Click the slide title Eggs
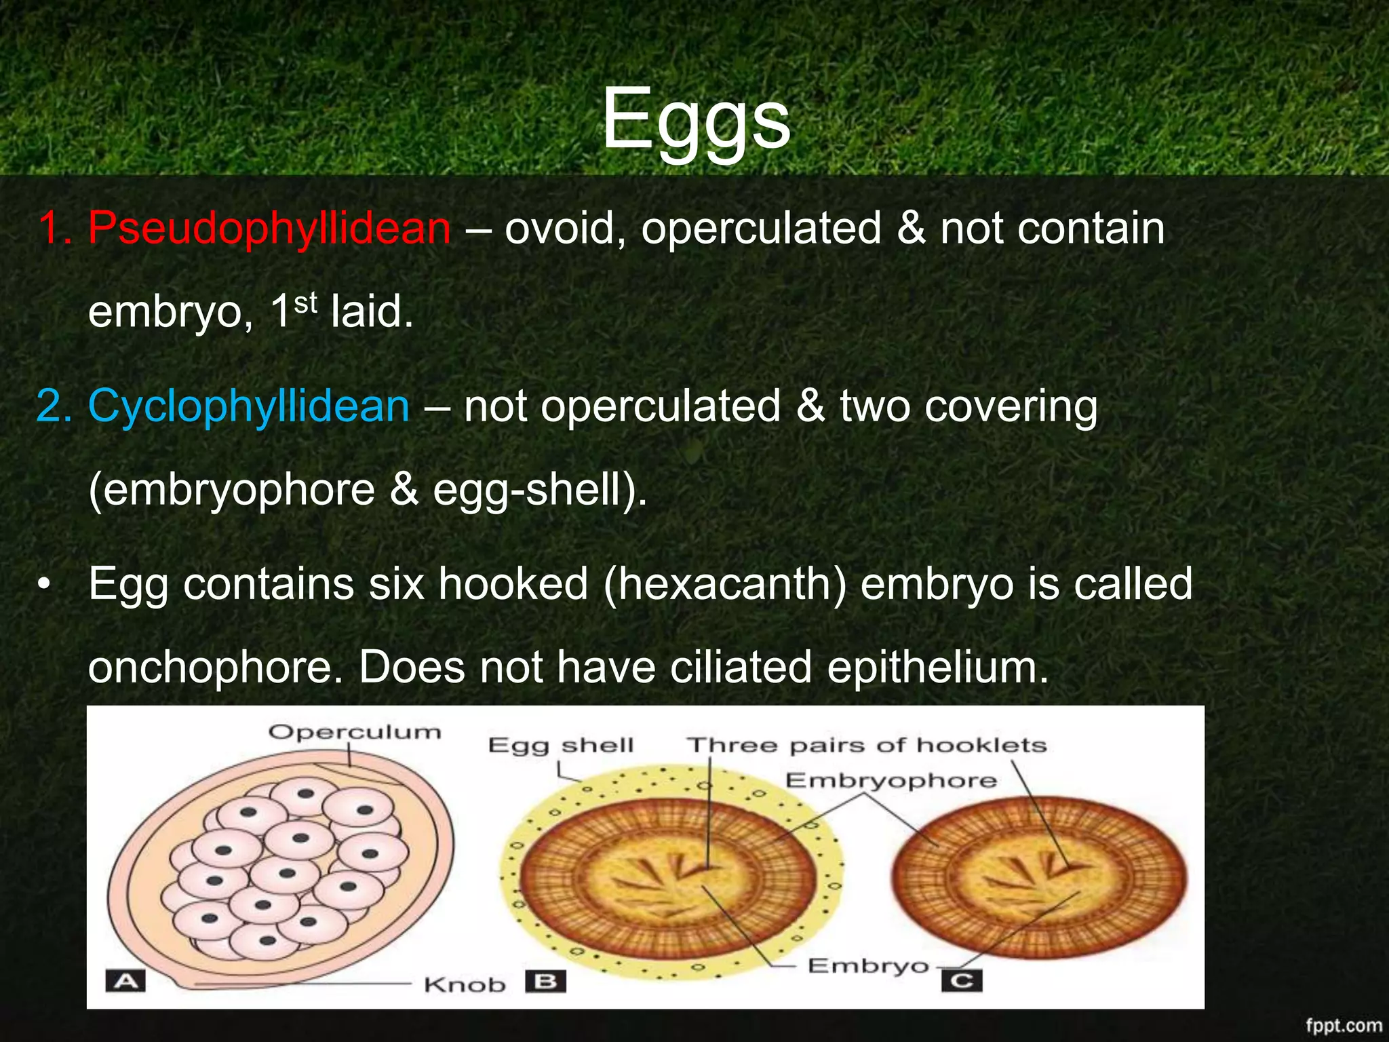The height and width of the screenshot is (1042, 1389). point(696,120)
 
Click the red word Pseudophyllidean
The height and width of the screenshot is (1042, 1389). point(269,228)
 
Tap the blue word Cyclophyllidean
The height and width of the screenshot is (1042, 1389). point(248,406)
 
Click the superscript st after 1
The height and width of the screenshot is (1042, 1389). point(306,303)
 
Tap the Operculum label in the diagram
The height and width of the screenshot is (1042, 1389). point(355,732)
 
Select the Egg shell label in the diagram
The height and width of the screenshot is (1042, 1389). point(561,746)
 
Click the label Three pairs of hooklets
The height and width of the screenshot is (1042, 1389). point(867,746)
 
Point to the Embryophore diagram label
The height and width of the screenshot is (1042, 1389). point(891,781)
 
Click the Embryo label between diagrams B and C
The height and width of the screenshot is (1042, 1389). point(867,965)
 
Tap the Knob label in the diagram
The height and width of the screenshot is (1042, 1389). point(465,984)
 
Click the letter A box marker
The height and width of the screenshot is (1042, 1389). point(125,981)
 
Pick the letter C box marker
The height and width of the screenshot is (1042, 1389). point(962,981)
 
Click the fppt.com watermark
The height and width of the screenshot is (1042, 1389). point(1344,1025)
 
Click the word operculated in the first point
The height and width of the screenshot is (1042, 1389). point(761,228)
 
